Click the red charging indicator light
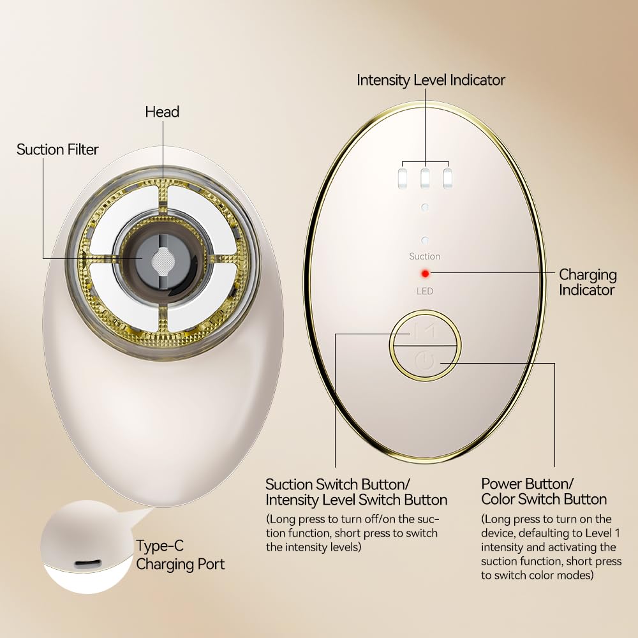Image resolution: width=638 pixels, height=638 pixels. point(425,274)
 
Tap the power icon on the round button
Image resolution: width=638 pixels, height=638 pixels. point(425,361)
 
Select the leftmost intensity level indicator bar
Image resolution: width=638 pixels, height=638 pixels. point(403,178)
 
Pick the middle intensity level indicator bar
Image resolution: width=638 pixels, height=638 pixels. point(425,178)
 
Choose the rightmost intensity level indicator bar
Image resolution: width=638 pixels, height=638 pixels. point(448,178)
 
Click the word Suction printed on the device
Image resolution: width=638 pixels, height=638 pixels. point(424,256)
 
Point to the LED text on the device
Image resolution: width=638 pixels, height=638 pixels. point(425,291)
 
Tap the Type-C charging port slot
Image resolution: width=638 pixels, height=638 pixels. point(87,564)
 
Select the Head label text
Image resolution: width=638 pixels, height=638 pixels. point(162,112)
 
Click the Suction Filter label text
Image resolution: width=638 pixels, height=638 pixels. point(57,149)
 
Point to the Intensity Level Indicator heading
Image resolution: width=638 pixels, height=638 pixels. point(431,80)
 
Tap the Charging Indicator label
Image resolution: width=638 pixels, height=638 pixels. point(588,282)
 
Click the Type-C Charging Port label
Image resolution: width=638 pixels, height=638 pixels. point(181,555)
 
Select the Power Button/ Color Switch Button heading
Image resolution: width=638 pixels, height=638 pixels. point(544,491)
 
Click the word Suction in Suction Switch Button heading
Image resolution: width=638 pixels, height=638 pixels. point(289,484)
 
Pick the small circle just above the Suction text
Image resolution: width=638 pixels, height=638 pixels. point(425,240)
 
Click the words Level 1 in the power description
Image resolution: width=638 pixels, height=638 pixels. point(603,533)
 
